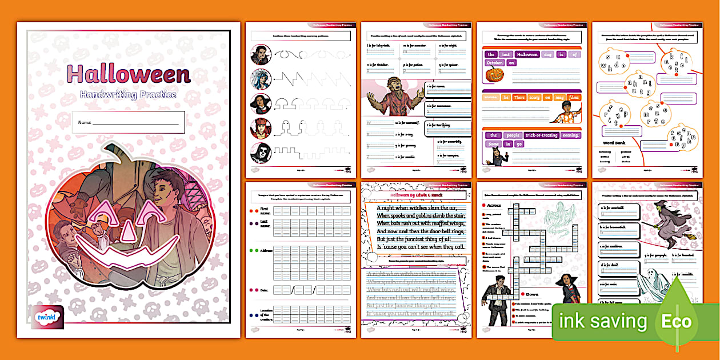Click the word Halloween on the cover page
point(128,75)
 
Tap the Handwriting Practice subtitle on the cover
point(128,94)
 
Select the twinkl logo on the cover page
point(50,316)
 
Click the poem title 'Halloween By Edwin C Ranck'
point(416,195)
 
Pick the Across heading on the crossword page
point(494,205)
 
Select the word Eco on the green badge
point(677,321)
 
